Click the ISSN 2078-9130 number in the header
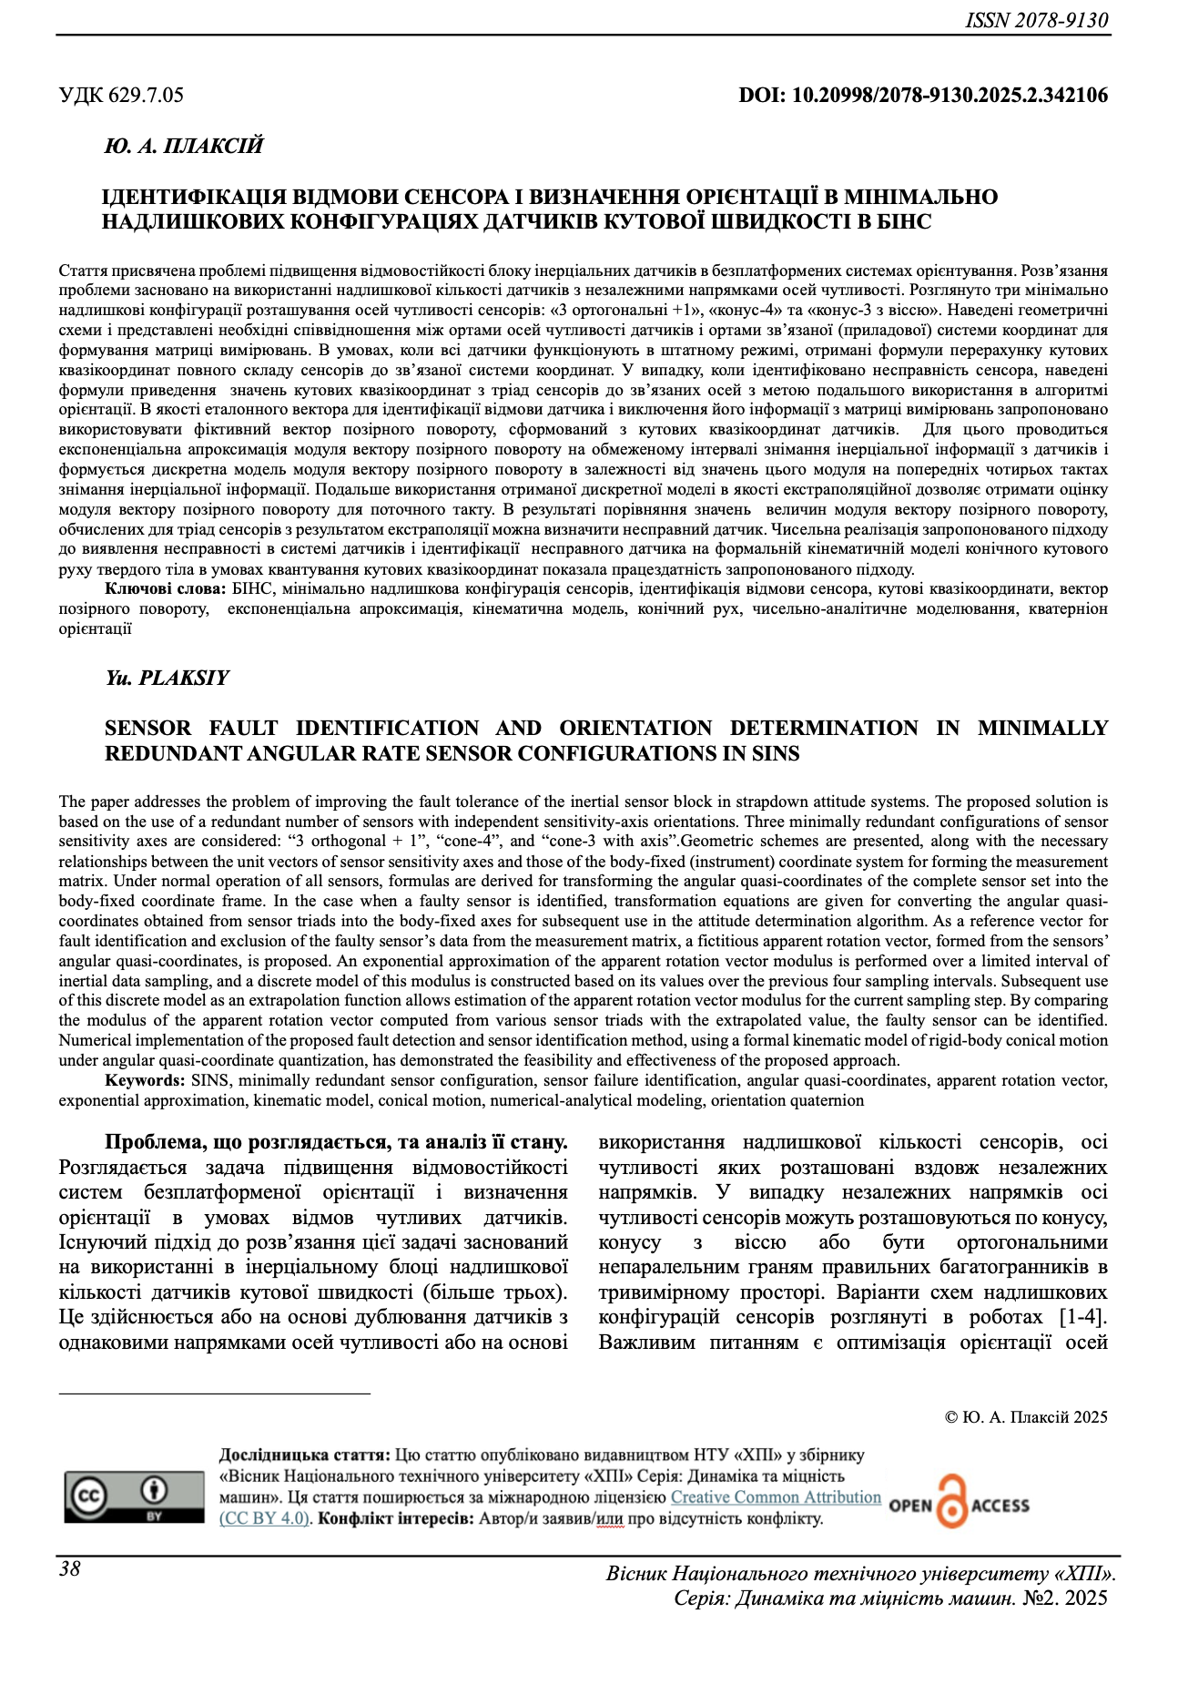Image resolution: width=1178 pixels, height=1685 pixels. point(1037,20)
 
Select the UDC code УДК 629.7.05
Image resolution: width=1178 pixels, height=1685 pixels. point(121,95)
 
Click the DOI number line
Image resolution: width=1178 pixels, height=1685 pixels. point(923,95)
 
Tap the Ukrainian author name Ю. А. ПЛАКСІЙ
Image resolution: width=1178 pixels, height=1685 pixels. point(184,146)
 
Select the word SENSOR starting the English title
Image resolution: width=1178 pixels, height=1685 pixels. point(147,729)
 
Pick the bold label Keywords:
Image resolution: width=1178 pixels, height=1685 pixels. point(145,1081)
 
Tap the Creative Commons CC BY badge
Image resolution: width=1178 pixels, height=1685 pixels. point(134,1496)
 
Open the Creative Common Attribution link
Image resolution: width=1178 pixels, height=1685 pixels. point(776,1497)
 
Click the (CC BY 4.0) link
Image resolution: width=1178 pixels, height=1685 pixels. point(265,1518)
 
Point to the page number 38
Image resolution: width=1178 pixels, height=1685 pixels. point(70,1568)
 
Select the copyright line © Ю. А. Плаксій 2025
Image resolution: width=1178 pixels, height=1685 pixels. point(1026,1417)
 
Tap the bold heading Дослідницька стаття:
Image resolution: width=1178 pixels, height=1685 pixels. point(305,1455)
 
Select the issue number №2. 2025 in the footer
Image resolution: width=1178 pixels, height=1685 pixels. point(1064,1598)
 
